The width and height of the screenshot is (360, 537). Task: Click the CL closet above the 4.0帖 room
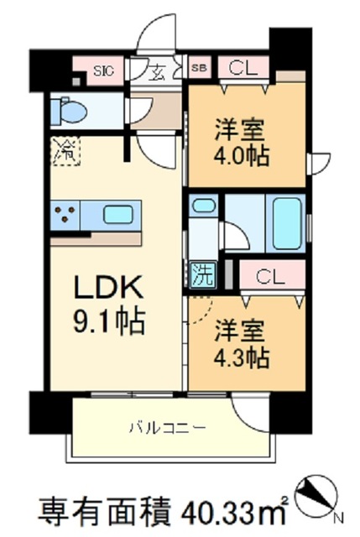click(243, 67)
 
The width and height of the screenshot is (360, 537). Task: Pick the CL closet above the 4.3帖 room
click(269, 275)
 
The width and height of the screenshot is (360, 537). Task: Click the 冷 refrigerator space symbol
click(64, 152)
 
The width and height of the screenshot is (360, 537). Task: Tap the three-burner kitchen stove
click(65, 214)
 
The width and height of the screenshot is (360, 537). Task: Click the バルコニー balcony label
click(166, 427)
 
